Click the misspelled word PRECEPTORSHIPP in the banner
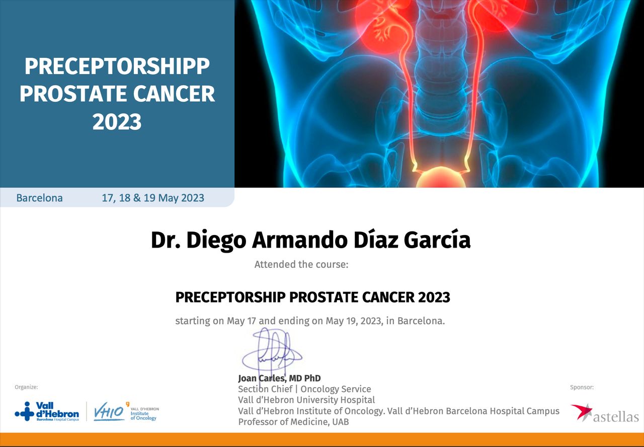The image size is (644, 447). (117, 66)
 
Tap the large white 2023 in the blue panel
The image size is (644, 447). (117, 122)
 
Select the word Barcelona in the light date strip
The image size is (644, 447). (39, 198)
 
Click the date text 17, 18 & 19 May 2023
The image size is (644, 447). (153, 198)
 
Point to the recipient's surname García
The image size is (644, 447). (437, 239)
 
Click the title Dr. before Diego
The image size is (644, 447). (166, 239)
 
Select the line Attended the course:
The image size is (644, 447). (301, 264)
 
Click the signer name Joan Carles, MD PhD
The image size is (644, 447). (279, 378)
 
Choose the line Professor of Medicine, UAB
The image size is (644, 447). (293, 422)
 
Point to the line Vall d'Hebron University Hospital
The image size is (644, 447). (306, 400)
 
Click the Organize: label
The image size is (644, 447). (26, 387)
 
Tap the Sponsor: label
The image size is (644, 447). (582, 387)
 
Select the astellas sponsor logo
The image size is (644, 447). (605, 413)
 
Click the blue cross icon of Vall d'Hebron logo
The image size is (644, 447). (25, 411)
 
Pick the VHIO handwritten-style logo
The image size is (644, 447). (109, 411)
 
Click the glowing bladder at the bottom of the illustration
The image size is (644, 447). (441, 178)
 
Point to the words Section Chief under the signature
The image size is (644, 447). (265, 389)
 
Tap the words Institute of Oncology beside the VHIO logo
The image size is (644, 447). (143, 416)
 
